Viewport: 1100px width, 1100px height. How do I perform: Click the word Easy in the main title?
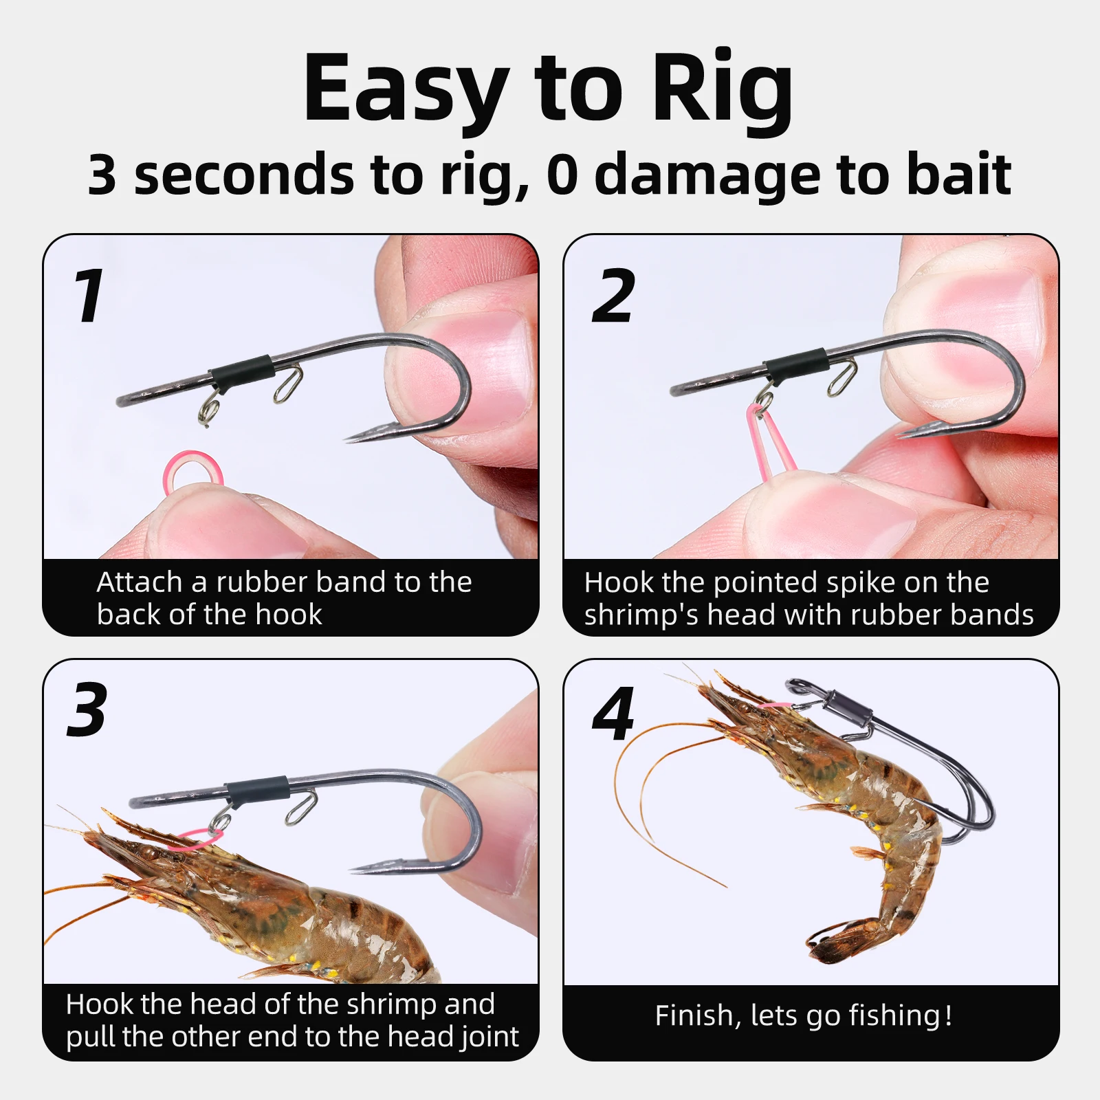[406, 89]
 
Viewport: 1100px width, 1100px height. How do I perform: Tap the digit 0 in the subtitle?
[562, 175]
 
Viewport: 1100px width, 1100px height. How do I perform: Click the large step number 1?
[89, 296]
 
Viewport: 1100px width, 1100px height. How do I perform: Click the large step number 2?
[613, 296]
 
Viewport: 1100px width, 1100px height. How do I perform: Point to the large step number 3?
[87, 710]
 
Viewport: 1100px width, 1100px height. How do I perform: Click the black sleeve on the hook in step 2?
[795, 364]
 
